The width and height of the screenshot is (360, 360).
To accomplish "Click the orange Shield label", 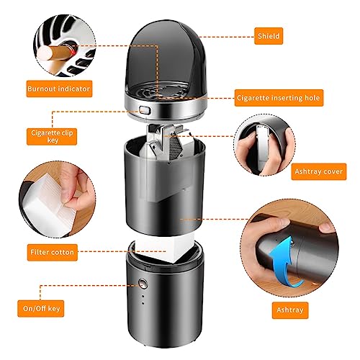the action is point(269,36).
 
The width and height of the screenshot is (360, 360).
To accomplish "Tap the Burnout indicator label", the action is point(59,89).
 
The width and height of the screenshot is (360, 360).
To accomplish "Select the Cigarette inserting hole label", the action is point(279,98).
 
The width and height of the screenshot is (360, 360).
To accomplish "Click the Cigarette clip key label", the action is point(52,136).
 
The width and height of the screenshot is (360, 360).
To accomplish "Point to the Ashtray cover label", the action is point(319,171).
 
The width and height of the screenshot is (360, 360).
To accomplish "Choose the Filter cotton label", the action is point(53,253).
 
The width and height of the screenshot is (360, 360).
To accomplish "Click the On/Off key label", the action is point(41,309).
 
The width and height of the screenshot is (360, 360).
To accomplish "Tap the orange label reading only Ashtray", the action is point(290,310).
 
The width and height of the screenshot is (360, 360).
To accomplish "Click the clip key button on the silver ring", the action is point(144,111).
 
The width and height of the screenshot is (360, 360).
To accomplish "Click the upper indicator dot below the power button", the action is point(143,296).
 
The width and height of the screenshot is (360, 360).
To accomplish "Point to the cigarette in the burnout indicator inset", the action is point(55,54).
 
